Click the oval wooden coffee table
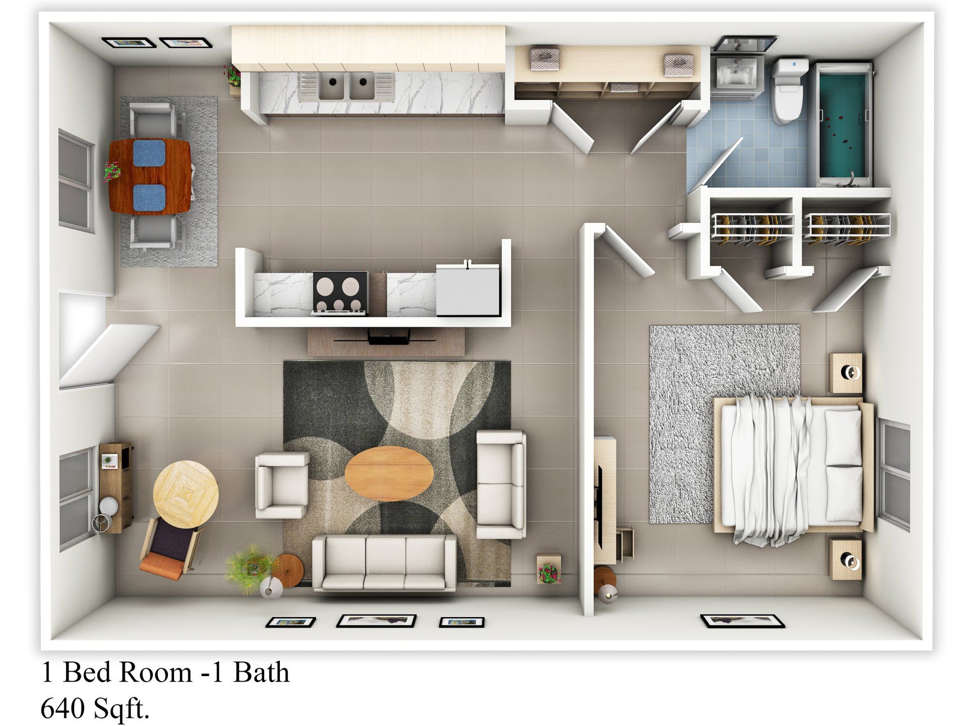(x=389, y=473)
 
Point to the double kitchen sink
(x=346, y=86)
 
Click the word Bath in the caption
(x=261, y=673)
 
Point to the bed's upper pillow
(x=842, y=437)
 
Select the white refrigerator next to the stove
(x=468, y=290)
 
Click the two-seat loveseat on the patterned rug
(x=501, y=483)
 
